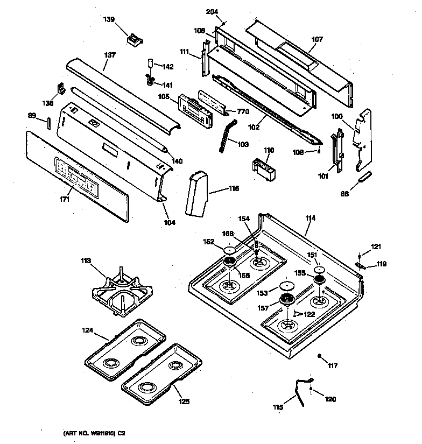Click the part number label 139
(109, 20)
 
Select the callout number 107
(317, 39)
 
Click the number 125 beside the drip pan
(185, 401)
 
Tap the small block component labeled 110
(264, 165)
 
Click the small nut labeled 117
(319, 356)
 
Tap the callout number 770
(243, 112)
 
